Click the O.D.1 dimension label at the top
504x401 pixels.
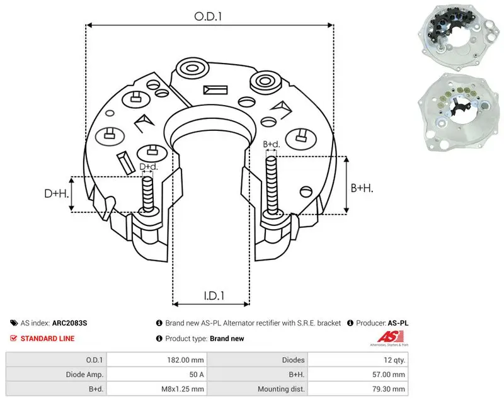point(208,16)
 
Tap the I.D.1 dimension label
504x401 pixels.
point(214,296)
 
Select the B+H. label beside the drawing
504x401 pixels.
point(362,188)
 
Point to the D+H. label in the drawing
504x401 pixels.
point(57,193)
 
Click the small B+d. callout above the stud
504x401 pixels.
point(272,144)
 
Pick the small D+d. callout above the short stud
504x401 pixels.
point(149,167)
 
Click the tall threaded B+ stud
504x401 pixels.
point(272,186)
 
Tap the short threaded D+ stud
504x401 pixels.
point(148,195)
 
